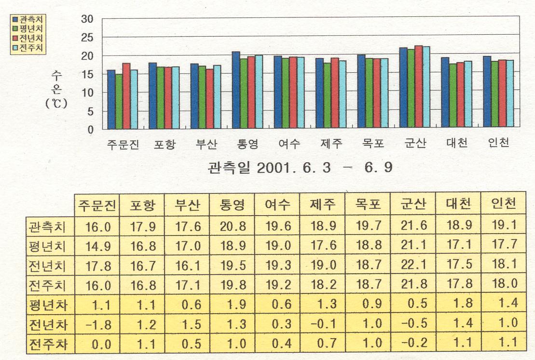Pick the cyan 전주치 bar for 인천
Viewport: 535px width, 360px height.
509,95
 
